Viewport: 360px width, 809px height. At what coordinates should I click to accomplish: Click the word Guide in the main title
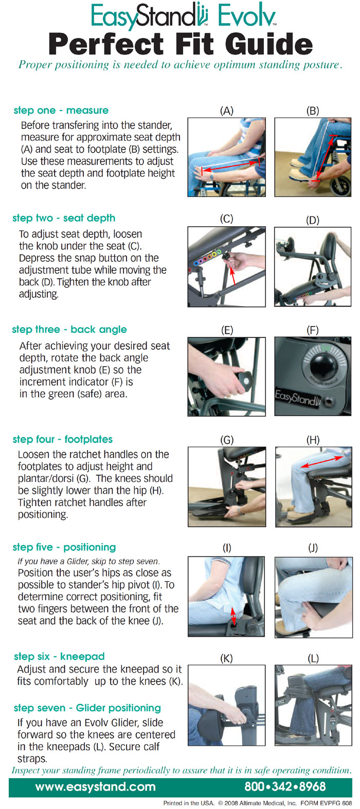(269, 44)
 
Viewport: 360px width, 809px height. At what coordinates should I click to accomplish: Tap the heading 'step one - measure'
(61, 110)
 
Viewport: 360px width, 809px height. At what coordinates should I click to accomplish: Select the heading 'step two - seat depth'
(64, 218)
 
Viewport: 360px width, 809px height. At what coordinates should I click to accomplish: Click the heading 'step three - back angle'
(69, 329)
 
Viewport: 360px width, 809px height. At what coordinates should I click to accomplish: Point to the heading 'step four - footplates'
(62, 439)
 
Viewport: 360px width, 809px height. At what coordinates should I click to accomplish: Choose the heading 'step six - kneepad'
(59, 656)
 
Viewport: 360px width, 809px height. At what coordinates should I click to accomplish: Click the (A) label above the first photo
(227, 111)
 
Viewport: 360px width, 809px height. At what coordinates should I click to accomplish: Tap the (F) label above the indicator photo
(313, 330)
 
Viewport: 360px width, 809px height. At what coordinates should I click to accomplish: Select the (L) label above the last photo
(313, 658)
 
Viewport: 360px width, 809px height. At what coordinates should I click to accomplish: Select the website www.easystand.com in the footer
(95, 787)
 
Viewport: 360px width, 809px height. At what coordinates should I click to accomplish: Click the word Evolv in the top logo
(247, 17)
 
